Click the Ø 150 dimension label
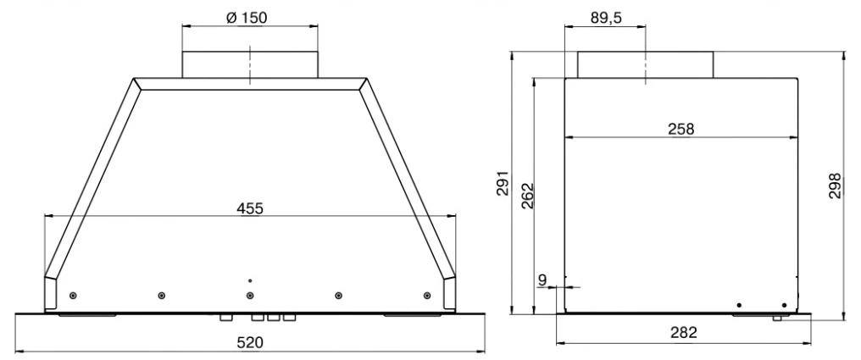coord(247,18)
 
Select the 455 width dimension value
coord(250,208)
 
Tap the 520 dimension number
coord(250,343)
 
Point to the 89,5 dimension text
coord(606,18)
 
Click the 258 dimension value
coord(680,129)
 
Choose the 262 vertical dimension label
coord(526,196)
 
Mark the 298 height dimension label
coord(836,186)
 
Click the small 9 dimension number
coord(542,280)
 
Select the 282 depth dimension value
coord(684,332)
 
